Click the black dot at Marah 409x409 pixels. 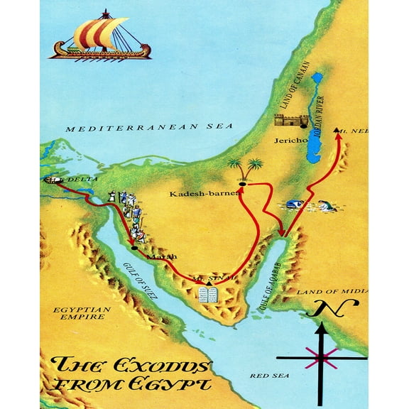(134, 247)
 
